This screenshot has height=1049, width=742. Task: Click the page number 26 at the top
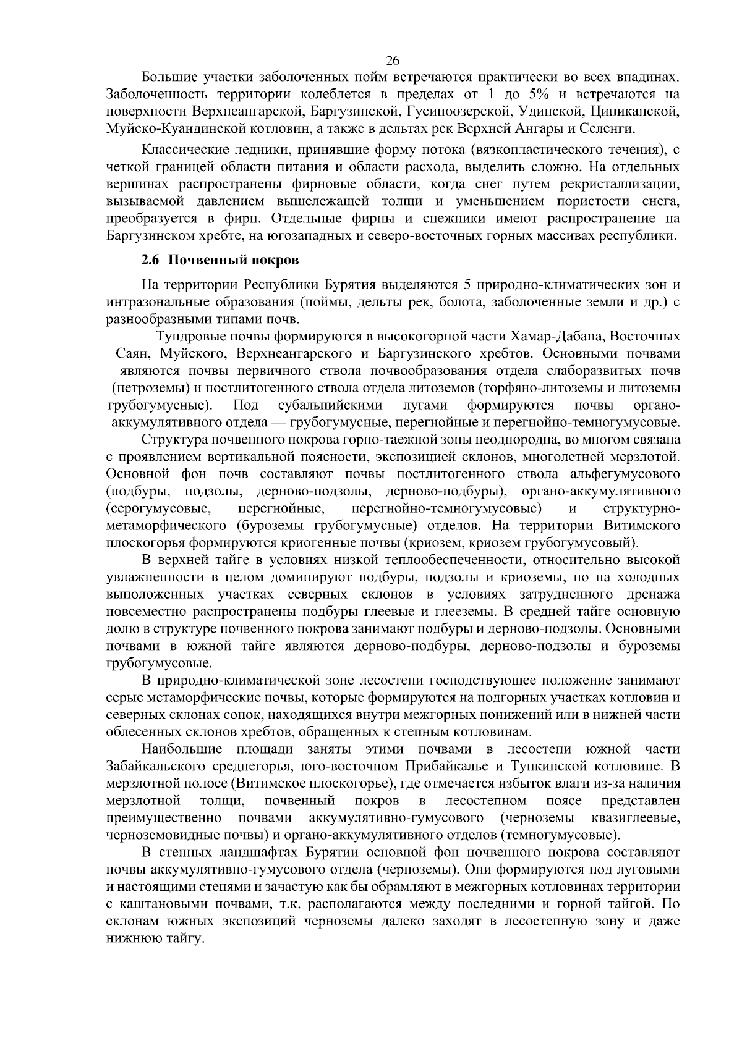393,60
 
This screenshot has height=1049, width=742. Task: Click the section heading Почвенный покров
234,260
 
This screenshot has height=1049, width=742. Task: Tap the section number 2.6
150,260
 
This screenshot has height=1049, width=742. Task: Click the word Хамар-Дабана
560,337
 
